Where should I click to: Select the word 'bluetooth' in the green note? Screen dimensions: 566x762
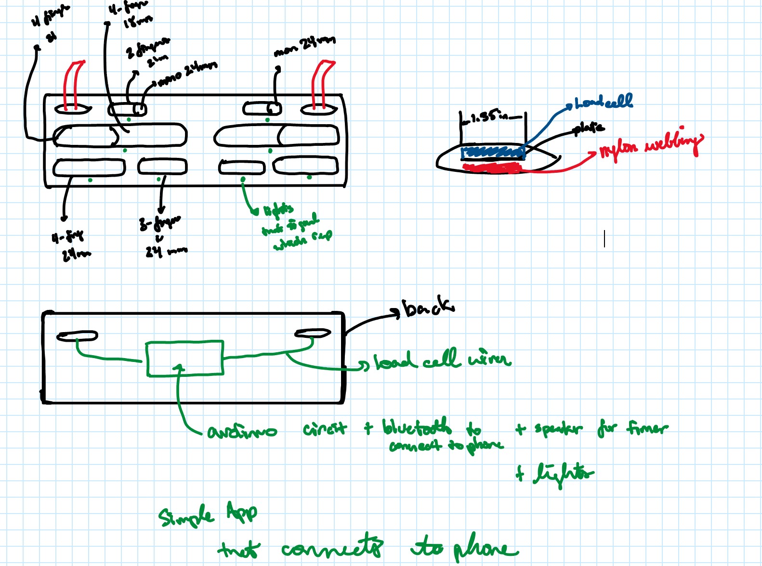click(417, 426)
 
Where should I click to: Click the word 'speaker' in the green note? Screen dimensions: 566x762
click(558, 428)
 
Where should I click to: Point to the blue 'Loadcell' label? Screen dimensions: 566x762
click(604, 101)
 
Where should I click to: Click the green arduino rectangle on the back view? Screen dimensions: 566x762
click(185, 358)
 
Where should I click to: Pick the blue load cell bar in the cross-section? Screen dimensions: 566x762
click(492, 152)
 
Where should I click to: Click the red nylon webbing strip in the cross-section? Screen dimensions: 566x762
click(491, 167)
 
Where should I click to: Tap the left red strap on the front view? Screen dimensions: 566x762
click(74, 85)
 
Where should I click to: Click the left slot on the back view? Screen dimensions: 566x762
click(77, 335)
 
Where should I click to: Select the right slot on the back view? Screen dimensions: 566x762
click(313, 333)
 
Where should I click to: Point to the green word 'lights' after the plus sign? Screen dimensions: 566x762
click(563, 474)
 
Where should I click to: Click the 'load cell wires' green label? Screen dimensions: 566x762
click(442, 360)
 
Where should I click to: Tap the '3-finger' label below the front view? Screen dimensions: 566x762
click(159, 223)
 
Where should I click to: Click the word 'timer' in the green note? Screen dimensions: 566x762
click(647, 427)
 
